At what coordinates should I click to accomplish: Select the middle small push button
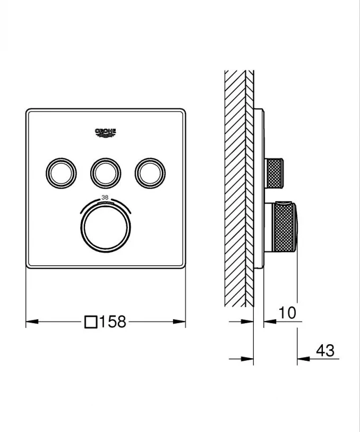pyautogui.click(x=106, y=171)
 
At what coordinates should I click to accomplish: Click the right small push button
pyautogui.click(x=150, y=171)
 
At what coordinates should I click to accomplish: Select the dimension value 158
pyautogui.click(x=112, y=321)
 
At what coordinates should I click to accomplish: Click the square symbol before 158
pyautogui.click(x=91, y=322)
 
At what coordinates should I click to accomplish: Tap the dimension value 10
pyautogui.click(x=287, y=312)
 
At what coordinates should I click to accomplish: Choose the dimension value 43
pyautogui.click(x=324, y=351)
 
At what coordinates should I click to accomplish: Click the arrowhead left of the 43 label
pyautogui.click(x=302, y=360)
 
